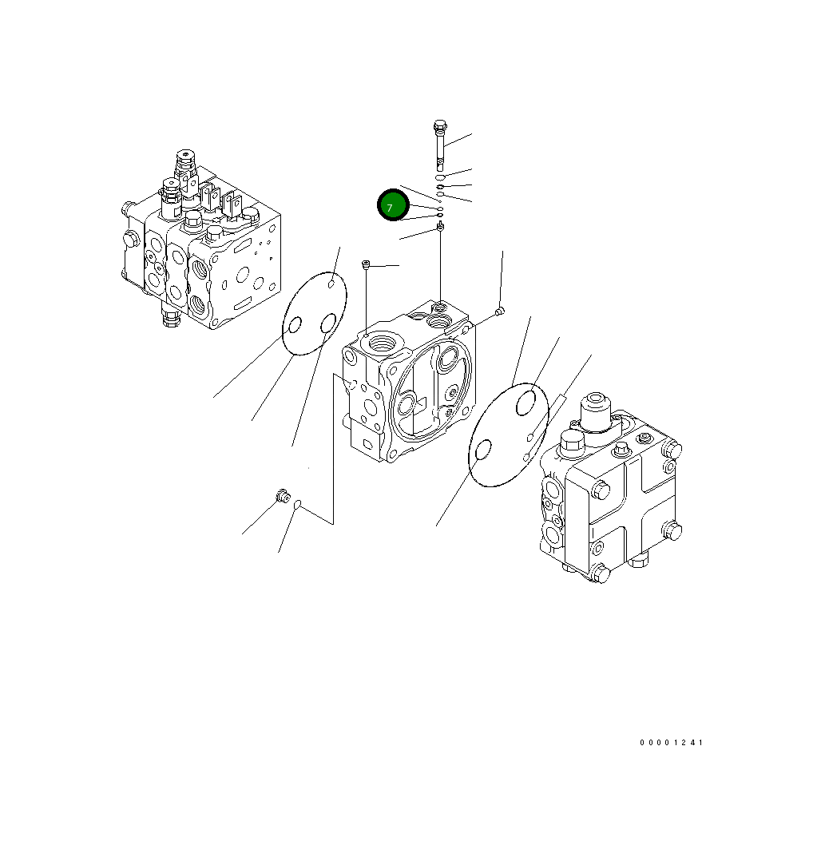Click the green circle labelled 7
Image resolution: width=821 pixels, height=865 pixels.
(393, 206)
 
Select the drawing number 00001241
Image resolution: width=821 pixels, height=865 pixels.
(671, 743)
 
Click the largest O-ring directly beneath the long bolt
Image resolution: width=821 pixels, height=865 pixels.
(439, 177)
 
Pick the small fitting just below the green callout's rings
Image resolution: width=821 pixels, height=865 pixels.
(440, 229)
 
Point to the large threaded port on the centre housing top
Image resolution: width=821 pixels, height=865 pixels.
(381, 343)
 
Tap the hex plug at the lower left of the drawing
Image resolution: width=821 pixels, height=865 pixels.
(280, 497)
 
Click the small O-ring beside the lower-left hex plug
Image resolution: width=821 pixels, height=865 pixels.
(297, 504)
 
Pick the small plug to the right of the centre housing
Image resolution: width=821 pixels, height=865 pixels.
(498, 311)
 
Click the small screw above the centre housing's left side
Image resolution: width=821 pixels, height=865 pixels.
(366, 264)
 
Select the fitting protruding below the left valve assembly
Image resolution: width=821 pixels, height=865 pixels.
(169, 318)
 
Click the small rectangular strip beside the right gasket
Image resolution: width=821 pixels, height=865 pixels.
(561, 399)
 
